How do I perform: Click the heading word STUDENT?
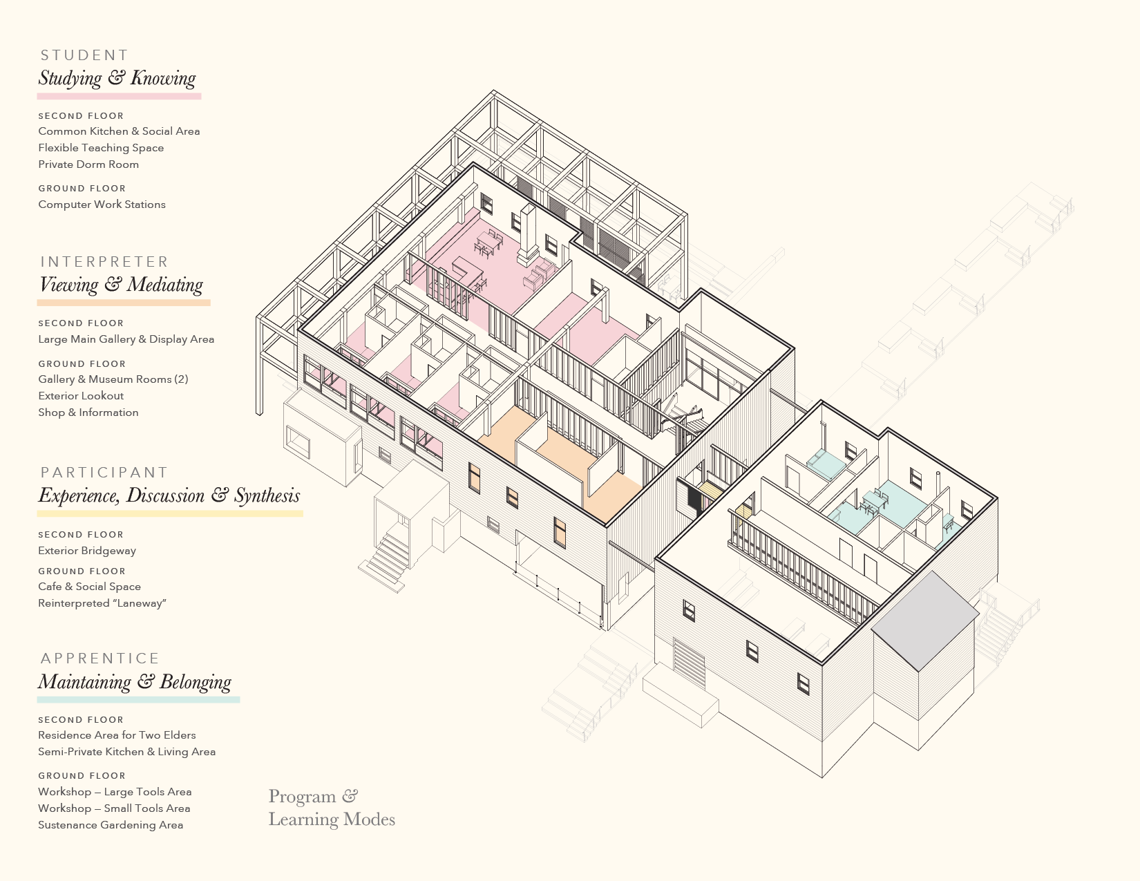[x=84, y=55]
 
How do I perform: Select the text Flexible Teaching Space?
[x=101, y=148]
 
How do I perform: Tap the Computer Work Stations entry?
[x=102, y=205]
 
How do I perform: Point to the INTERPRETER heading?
[x=104, y=262]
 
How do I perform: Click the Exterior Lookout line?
[x=81, y=396]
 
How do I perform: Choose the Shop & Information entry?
[x=88, y=413]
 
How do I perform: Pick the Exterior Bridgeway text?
[x=87, y=551]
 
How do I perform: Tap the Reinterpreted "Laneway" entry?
[x=102, y=603]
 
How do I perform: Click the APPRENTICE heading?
[x=100, y=659]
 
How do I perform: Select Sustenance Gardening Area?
[x=111, y=825]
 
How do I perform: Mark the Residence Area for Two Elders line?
[x=117, y=735]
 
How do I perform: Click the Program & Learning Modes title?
[x=332, y=808]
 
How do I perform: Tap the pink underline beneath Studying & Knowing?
[x=119, y=97]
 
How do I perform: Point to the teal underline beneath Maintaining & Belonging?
[x=138, y=699]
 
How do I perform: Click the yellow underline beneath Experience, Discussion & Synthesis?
[x=170, y=513]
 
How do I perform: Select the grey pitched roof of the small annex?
[x=925, y=621]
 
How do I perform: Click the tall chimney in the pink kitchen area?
[x=528, y=234]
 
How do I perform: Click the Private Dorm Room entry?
[x=88, y=164]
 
